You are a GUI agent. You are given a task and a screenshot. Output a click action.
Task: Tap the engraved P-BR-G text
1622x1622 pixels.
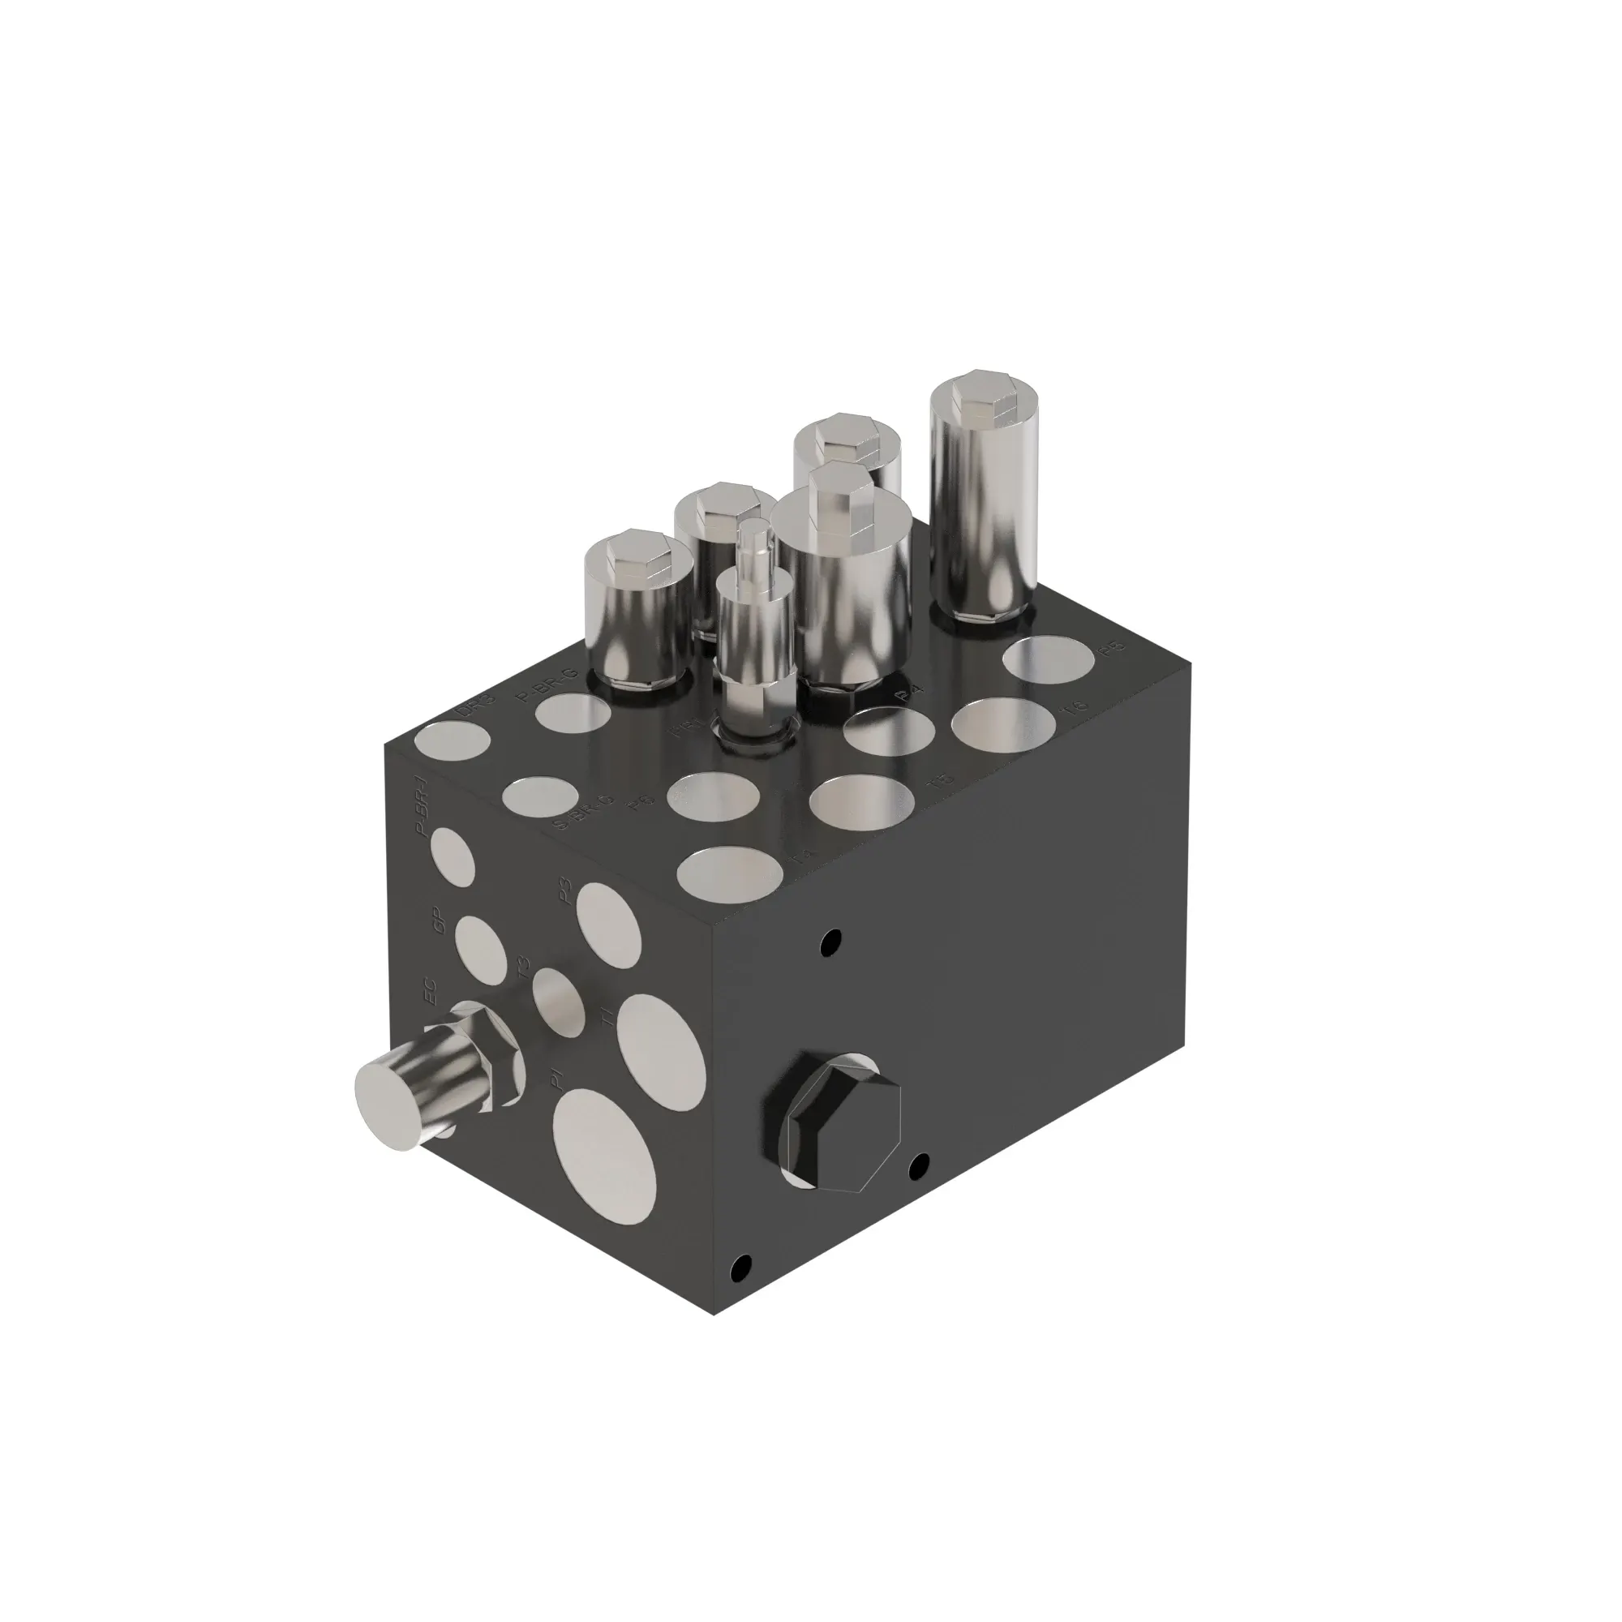(546, 682)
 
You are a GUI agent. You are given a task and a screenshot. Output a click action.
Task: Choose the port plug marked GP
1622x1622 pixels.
(479, 950)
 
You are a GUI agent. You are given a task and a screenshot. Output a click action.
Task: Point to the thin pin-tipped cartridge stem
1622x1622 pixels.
(753, 546)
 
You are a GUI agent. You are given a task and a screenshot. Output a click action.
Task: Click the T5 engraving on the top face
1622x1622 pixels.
(940, 783)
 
